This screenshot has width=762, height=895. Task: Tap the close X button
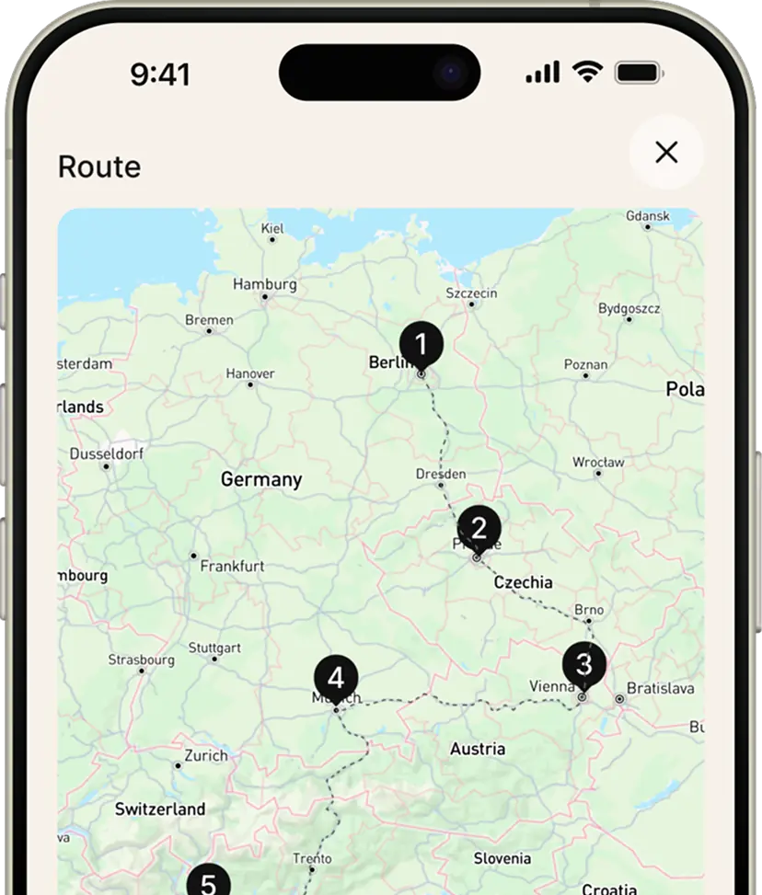click(x=666, y=152)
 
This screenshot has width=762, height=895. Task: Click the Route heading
click(x=99, y=167)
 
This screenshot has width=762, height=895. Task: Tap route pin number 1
click(x=421, y=346)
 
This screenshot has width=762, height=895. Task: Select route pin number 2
click(x=479, y=529)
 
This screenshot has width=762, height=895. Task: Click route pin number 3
click(x=583, y=663)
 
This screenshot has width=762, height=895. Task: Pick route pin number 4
click(x=336, y=679)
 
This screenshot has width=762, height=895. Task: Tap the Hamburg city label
click(x=264, y=284)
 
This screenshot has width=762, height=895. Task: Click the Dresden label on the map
click(x=441, y=474)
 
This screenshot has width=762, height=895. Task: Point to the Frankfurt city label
click(x=232, y=566)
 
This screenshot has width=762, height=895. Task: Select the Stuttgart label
click(x=214, y=648)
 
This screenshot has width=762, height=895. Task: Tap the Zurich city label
click(x=205, y=755)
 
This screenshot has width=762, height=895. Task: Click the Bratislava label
click(x=660, y=688)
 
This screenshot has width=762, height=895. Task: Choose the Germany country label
click(x=261, y=479)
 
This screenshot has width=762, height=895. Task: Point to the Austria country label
click(x=478, y=749)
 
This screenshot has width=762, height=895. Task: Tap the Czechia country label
click(x=524, y=582)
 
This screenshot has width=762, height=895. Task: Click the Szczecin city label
click(x=471, y=293)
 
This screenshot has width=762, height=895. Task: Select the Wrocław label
click(x=598, y=462)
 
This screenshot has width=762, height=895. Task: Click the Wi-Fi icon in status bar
click(x=586, y=73)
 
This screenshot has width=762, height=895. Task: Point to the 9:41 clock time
click(x=159, y=75)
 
